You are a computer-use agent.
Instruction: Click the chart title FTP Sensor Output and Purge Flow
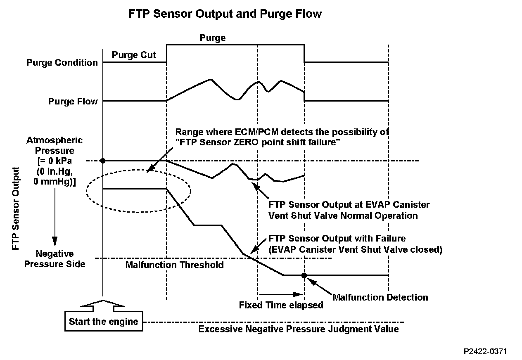click(x=225, y=14)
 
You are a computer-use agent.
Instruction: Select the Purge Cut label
click(x=134, y=55)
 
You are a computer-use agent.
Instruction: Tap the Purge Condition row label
click(x=62, y=63)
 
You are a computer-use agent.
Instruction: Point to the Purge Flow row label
click(x=73, y=101)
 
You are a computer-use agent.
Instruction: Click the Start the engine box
click(x=104, y=322)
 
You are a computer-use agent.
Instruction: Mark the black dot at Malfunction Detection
click(x=304, y=275)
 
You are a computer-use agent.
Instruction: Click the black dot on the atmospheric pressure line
click(x=102, y=160)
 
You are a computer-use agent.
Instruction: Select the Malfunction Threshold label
click(x=174, y=265)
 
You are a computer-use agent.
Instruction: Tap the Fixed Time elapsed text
click(x=281, y=306)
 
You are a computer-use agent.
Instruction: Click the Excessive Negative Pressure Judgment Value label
click(x=299, y=329)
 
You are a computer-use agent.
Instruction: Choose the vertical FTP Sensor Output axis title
click(x=15, y=208)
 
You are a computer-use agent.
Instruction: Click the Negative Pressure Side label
click(x=55, y=258)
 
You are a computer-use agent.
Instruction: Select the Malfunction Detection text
click(x=380, y=297)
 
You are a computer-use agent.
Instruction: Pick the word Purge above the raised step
click(x=213, y=38)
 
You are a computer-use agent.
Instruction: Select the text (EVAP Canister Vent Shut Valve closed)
click(x=356, y=249)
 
